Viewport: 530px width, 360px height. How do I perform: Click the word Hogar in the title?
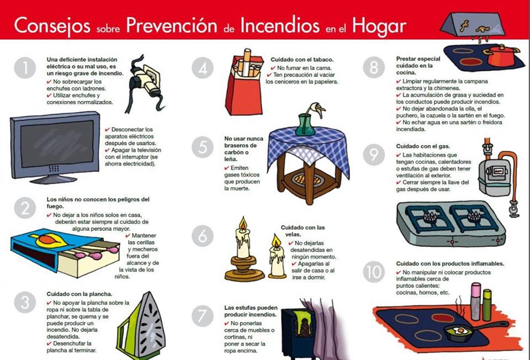coord(380,25)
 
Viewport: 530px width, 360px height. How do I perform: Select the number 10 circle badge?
coord(374,272)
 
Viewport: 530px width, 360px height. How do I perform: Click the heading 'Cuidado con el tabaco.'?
coord(301,59)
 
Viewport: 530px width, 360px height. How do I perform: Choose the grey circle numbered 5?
coord(203,147)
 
